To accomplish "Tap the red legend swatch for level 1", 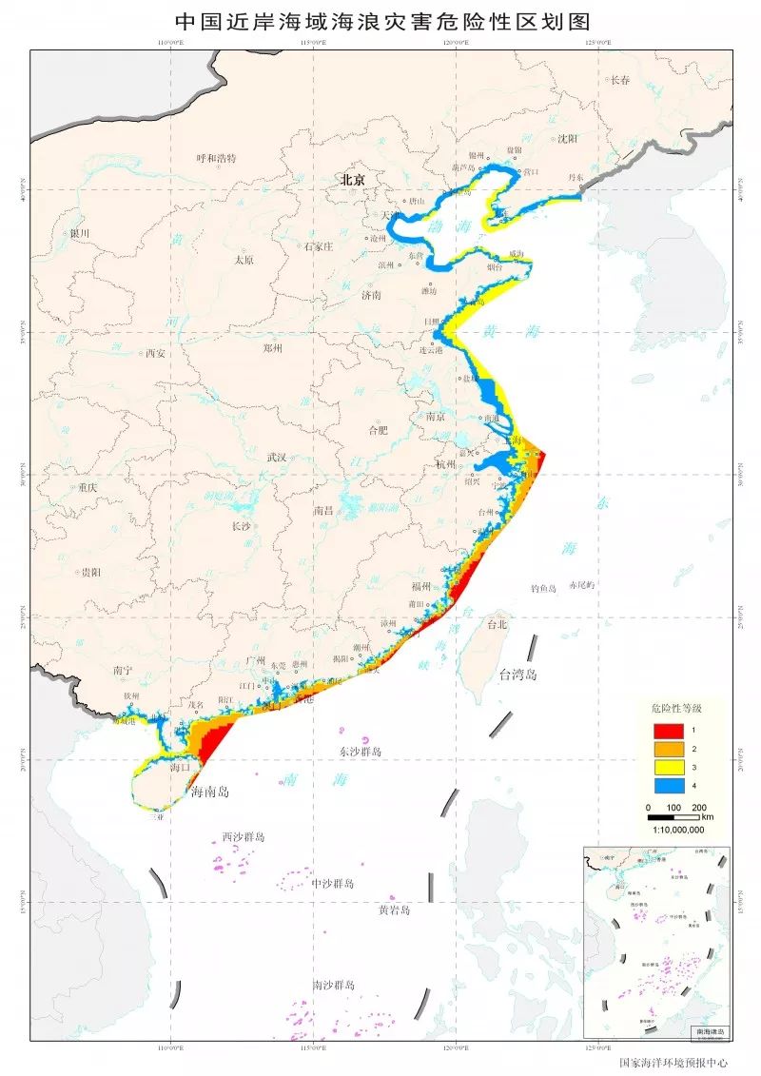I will coord(668,730).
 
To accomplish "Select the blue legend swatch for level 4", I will coord(668,785).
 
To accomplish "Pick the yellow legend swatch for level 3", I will coord(668,767).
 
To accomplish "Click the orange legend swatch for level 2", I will coord(668,749).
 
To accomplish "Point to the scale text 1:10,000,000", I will coord(678,829).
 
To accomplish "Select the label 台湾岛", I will coord(518,675).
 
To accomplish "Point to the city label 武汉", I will coord(277,457).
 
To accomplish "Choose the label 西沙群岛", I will coord(244,837).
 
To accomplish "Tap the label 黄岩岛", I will coord(394,910).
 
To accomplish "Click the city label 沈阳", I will coord(567,138).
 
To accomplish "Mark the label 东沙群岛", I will coord(360,752).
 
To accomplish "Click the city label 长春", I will coord(620,80).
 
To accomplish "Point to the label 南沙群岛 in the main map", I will coord(333,985).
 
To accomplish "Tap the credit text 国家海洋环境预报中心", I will coord(673,1063).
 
